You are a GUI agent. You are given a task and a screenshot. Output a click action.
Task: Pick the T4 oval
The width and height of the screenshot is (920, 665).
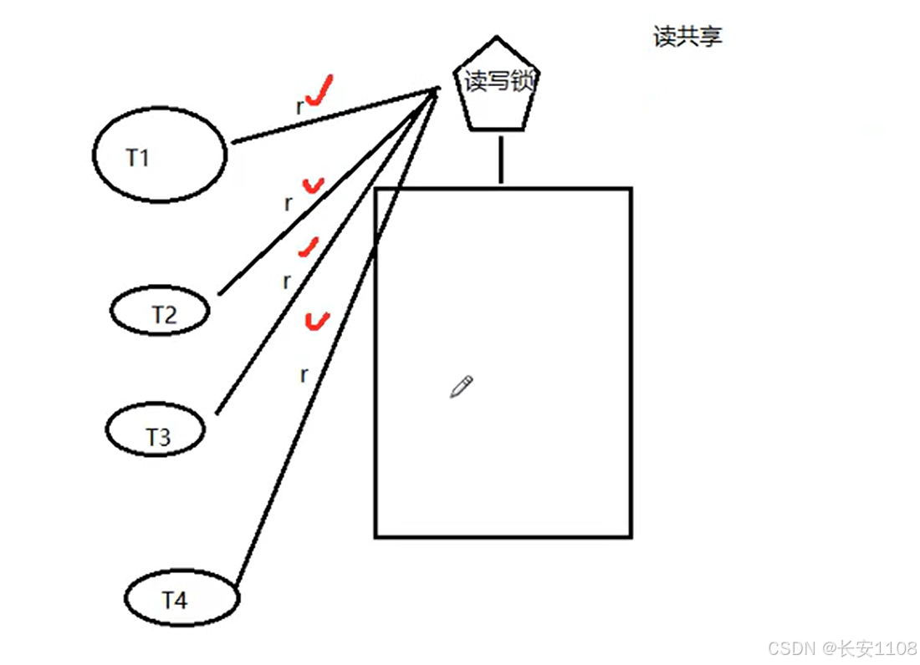(181, 598)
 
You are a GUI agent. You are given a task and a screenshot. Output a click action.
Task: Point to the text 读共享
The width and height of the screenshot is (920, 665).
(687, 37)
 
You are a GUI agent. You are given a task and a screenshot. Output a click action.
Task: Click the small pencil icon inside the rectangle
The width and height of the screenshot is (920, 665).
(461, 386)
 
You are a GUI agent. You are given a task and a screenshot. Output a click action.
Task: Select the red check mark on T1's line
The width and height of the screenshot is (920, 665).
(319, 90)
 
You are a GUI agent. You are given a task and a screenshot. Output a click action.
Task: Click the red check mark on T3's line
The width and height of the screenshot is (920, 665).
(309, 246)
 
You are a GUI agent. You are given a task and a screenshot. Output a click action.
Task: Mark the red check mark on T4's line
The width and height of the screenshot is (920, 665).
(317, 320)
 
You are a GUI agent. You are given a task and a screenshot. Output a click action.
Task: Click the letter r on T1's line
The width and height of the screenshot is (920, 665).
(299, 107)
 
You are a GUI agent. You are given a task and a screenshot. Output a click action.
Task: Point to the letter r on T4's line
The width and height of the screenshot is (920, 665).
(304, 375)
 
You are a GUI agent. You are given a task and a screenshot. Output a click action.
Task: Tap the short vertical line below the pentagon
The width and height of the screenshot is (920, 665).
(500, 159)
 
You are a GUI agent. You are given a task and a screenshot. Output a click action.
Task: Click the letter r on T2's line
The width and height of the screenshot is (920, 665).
(289, 203)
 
